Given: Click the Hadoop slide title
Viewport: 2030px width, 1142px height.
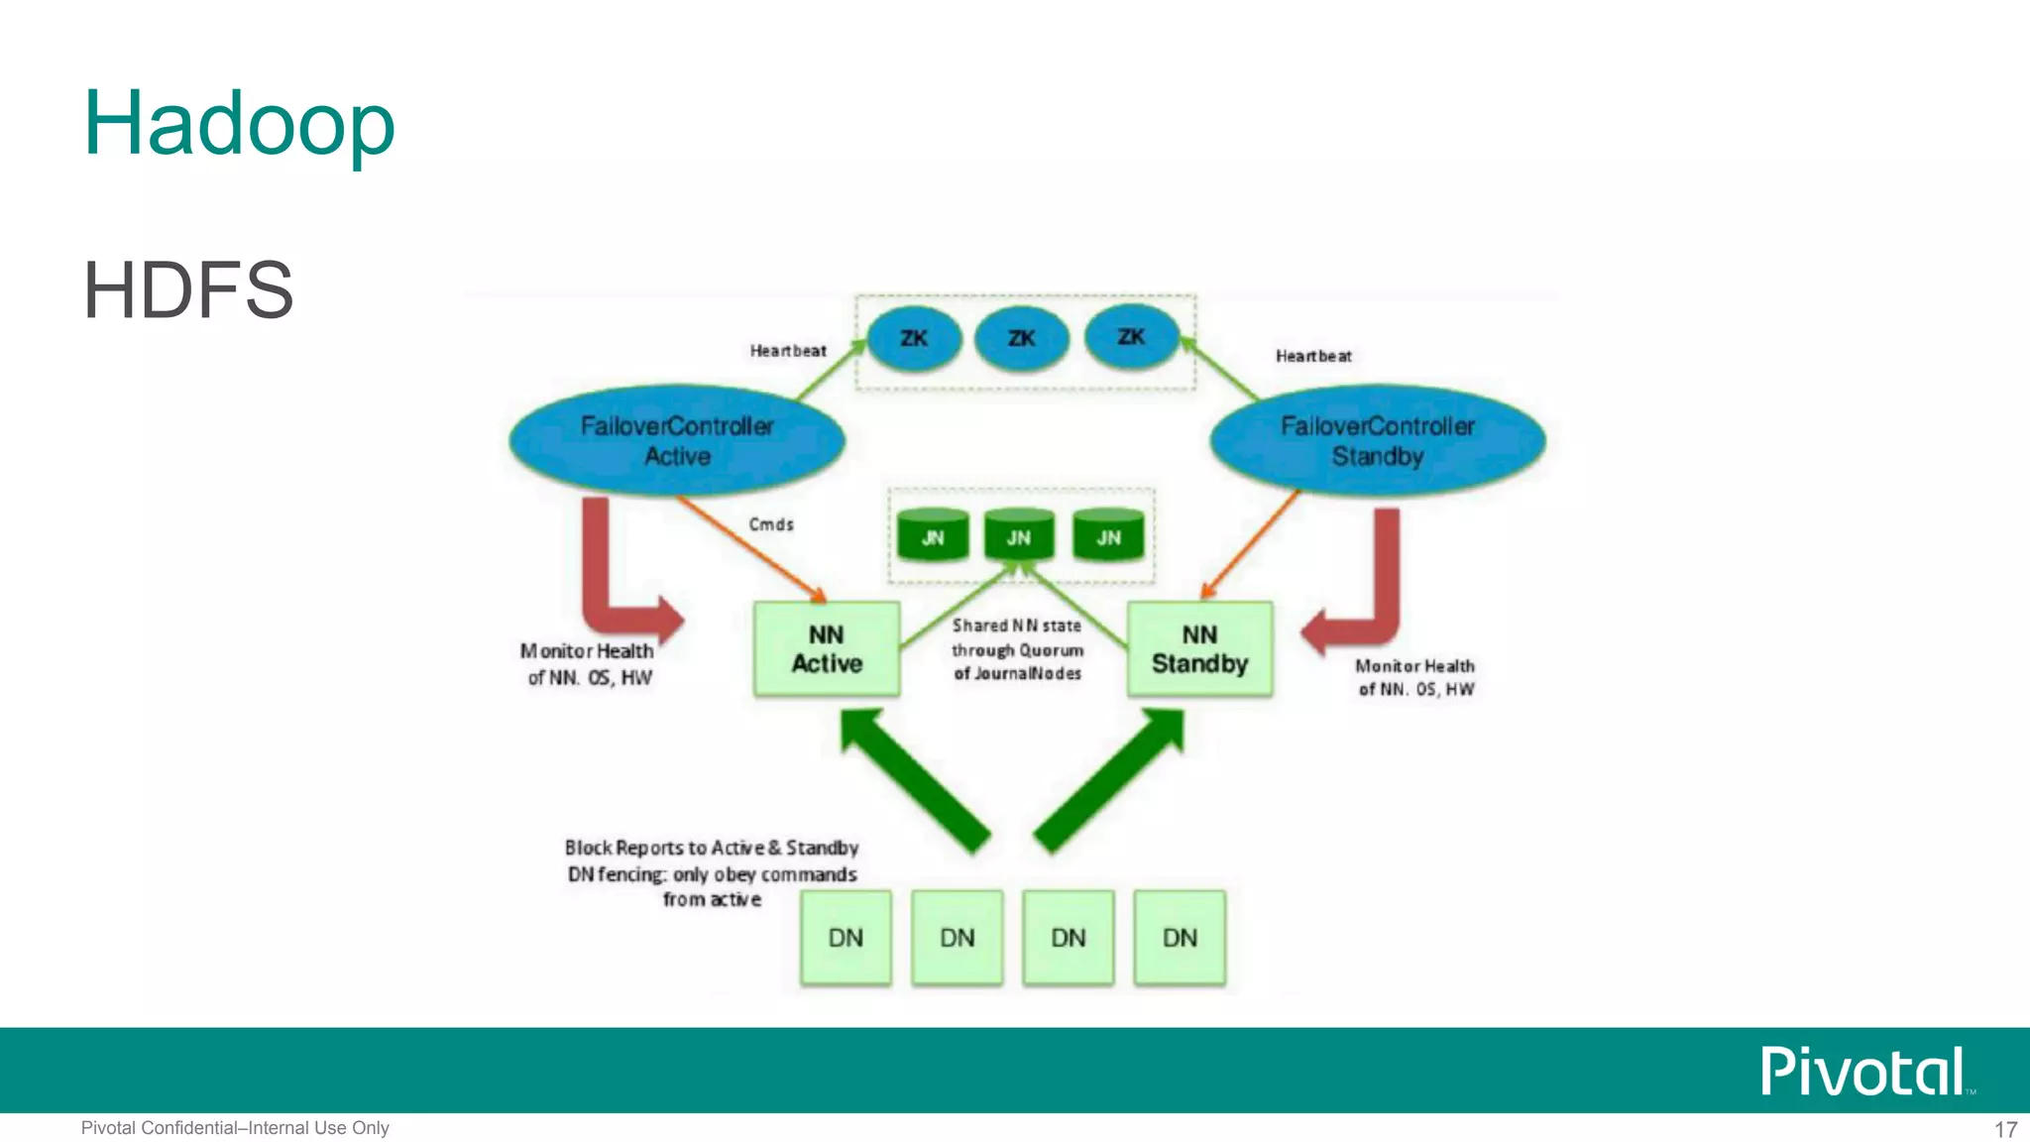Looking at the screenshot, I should pyautogui.click(x=239, y=124).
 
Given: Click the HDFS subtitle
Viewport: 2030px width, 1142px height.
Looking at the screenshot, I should pyautogui.click(x=188, y=289).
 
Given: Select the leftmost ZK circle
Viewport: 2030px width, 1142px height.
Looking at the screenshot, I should pyautogui.click(x=914, y=339).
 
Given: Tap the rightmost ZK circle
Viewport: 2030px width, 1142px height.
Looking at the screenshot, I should pyautogui.click(x=1131, y=337).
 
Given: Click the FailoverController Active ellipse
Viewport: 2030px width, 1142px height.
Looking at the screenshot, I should pyautogui.click(x=677, y=441).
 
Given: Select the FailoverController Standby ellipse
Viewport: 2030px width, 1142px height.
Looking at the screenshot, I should pyautogui.click(x=1378, y=441).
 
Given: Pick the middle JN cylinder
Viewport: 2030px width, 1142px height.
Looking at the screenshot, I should pyautogui.click(x=1019, y=536).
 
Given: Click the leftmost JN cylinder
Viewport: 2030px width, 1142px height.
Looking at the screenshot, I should pyautogui.click(x=933, y=536).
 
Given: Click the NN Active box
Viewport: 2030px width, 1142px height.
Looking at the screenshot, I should pyautogui.click(x=827, y=649).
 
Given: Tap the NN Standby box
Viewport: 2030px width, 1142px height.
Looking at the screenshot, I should pyautogui.click(x=1199, y=649).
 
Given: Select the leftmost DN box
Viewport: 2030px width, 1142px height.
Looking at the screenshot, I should pyautogui.click(x=846, y=937).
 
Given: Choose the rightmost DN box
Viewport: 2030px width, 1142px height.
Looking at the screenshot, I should pyautogui.click(x=1180, y=937).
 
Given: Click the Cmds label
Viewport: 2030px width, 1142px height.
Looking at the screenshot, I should pyautogui.click(x=771, y=524).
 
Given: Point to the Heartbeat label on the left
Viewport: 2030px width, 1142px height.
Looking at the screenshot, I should pyautogui.click(x=788, y=351).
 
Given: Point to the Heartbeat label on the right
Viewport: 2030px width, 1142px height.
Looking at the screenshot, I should pyautogui.click(x=1313, y=356).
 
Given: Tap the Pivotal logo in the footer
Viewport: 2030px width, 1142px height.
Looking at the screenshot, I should pyautogui.click(x=1863, y=1072).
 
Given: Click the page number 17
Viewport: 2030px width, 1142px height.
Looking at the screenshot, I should pyautogui.click(x=2005, y=1129).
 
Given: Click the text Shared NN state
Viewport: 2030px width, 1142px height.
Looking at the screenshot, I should pyautogui.click(x=1017, y=626).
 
